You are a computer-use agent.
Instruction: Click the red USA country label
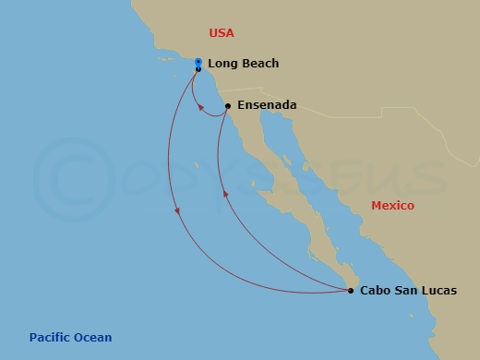(x=222, y=33)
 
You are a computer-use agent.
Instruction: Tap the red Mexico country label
(x=392, y=206)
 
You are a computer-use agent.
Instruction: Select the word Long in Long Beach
(x=223, y=64)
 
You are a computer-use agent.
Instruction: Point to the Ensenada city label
(x=267, y=105)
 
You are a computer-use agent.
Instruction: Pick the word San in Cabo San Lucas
(x=406, y=291)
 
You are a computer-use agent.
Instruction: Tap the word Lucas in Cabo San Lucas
(x=438, y=291)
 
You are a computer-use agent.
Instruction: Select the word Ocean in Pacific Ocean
(x=93, y=338)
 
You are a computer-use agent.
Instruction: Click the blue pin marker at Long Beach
(x=198, y=62)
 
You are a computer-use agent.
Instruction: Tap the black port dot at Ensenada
(x=227, y=105)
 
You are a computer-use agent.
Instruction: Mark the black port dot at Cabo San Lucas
(x=351, y=291)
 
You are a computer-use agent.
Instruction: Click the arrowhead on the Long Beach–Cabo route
(x=177, y=214)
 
